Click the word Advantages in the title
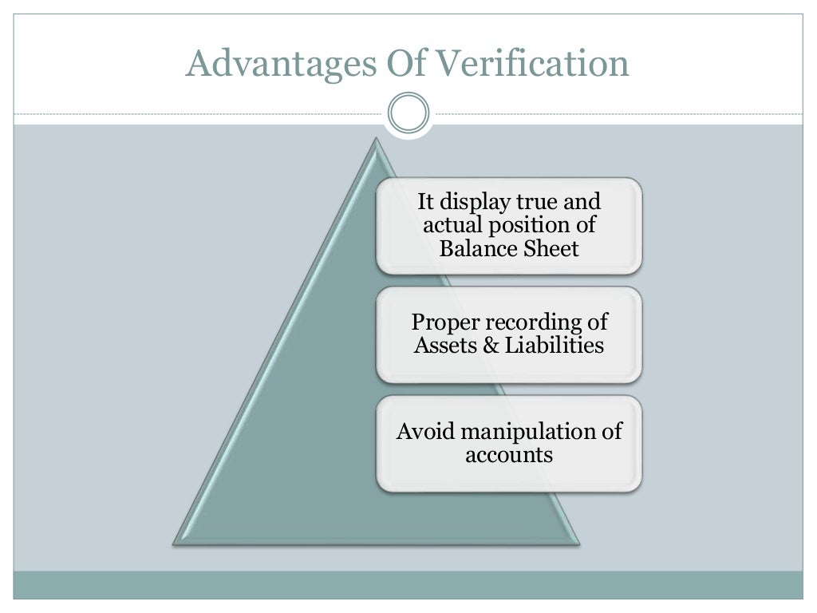[x=256, y=64]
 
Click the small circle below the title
[x=408, y=113]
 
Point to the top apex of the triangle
[x=376, y=140]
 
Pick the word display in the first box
[x=476, y=203]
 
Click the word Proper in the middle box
[x=444, y=322]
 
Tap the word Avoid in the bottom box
[x=424, y=432]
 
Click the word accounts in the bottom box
[x=509, y=455]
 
